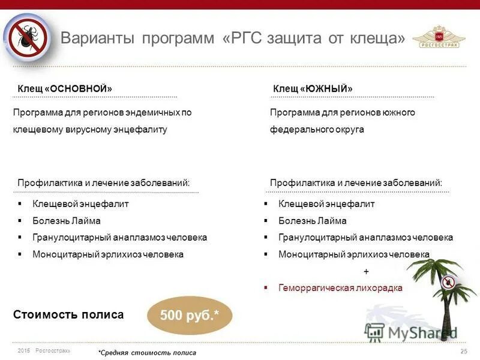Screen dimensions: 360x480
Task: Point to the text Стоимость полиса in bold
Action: (68, 314)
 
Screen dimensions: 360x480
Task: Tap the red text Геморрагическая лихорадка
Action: (340, 288)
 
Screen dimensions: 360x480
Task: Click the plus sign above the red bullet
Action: (366, 271)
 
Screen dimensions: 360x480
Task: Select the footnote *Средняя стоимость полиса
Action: (147, 352)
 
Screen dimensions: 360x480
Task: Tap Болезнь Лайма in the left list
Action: (66, 220)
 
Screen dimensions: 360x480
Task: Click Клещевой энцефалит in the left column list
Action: (80, 203)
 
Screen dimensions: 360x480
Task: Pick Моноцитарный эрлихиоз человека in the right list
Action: (353, 254)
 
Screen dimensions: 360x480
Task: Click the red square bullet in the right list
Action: (266, 288)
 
